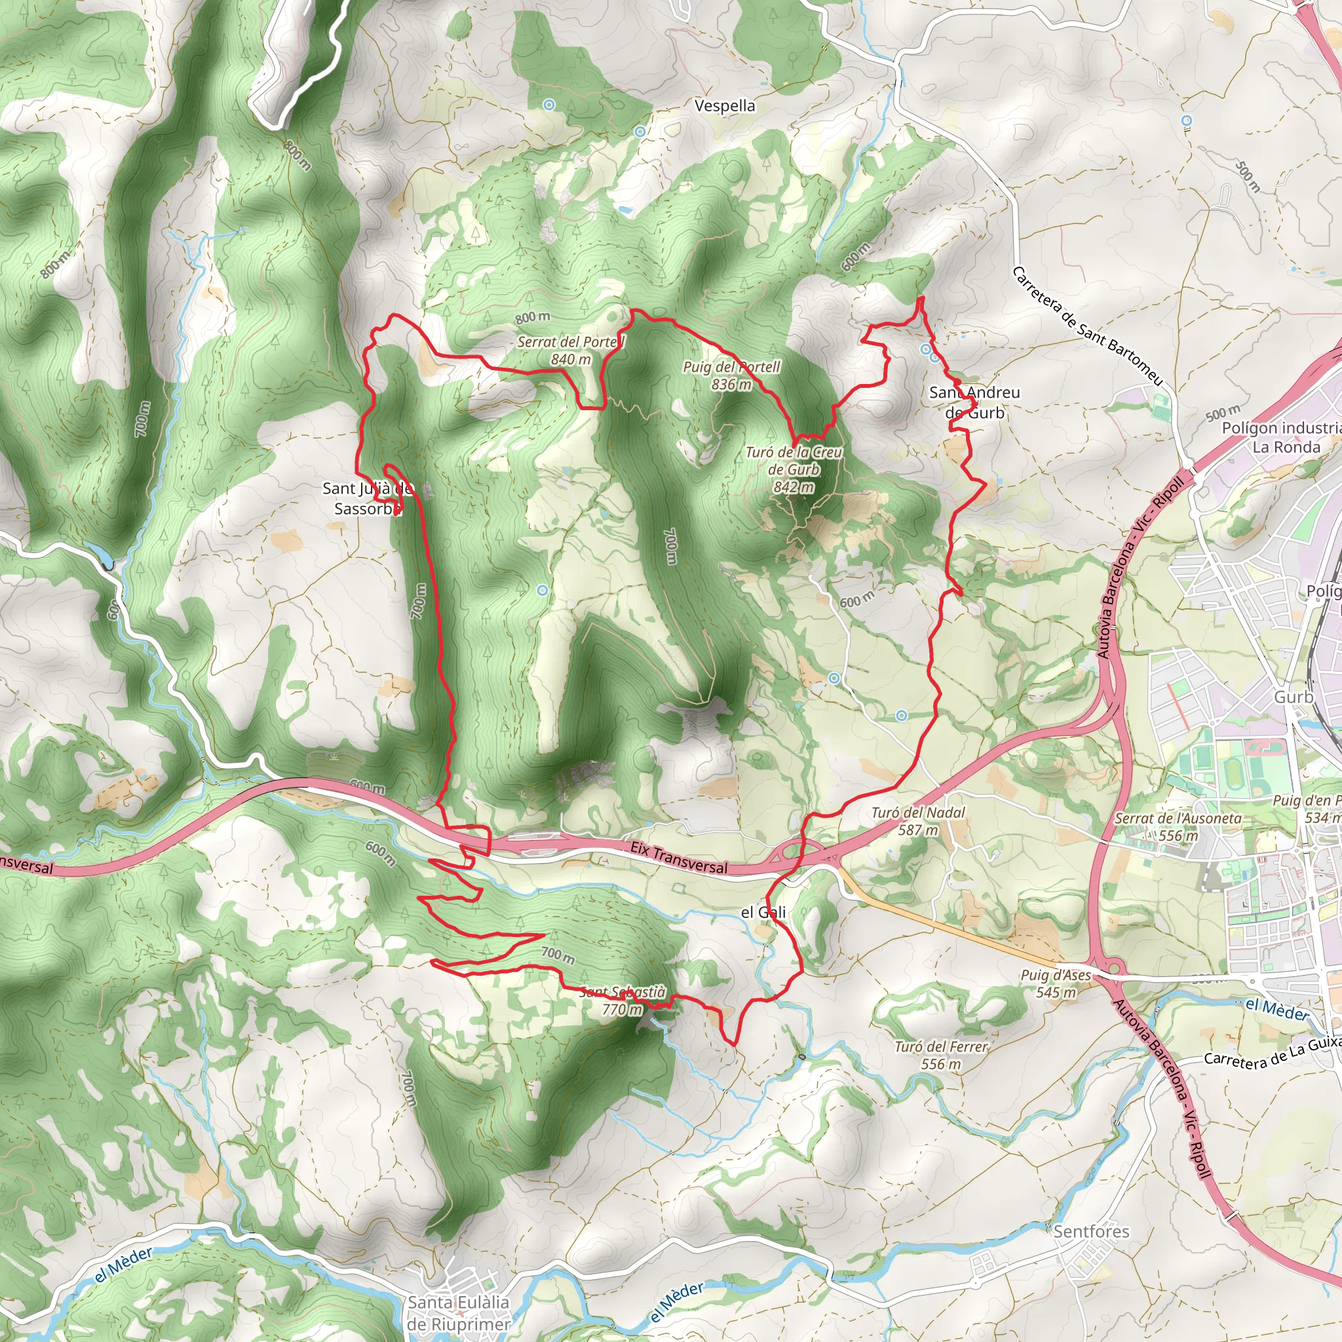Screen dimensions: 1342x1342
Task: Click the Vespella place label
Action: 725,105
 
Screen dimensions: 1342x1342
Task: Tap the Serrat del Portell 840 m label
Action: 571,350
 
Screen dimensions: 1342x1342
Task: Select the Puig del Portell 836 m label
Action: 731,375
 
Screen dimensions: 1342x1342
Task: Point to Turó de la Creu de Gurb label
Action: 794,470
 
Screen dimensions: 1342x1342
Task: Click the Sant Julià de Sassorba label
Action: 368,499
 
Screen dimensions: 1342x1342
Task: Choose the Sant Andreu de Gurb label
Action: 974,402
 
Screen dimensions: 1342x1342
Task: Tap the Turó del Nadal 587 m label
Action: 917,821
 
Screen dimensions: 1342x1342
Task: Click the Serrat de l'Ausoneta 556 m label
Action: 1178,826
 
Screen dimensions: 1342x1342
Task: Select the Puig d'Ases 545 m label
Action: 1056,984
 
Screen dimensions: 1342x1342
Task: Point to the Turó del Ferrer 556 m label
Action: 940,1055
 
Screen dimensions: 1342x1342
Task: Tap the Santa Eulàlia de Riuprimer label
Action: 459,1313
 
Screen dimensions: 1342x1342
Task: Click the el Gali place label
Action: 763,912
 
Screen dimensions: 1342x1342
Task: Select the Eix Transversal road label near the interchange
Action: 679,858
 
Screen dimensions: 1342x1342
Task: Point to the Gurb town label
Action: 1294,697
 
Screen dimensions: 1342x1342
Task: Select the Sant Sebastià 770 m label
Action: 622,1000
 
